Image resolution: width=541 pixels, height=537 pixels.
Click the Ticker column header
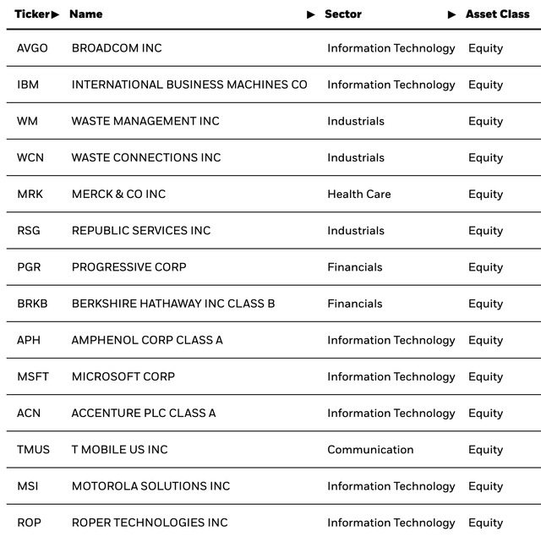point(32,14)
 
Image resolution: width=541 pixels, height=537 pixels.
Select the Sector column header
point(342,14)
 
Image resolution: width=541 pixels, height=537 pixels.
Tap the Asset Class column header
point(497,14)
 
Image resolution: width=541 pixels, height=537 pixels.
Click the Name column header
point(85,14)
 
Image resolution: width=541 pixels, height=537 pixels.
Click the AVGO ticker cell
point(32,48)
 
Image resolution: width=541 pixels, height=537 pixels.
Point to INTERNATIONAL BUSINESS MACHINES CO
point(189,85)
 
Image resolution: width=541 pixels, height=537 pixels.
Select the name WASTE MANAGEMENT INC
point(145,121)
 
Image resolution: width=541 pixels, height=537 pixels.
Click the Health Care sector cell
point(359,194)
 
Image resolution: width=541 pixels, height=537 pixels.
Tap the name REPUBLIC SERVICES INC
point(141,230)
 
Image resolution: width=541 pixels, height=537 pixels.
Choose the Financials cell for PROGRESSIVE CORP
point(355,267)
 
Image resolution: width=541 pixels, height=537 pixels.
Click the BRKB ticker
point(31,304)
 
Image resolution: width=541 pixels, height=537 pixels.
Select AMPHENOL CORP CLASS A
point(147,340)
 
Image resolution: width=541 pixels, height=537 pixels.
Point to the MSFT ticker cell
point(33,376)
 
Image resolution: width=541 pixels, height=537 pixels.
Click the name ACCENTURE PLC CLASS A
point(144,413)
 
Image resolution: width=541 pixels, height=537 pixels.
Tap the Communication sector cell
point(370,450)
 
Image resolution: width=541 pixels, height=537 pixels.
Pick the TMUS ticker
point(33,450)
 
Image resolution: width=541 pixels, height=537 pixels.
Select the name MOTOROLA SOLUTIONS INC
point(150,486)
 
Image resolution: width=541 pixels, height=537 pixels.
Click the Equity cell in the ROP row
point(485,523)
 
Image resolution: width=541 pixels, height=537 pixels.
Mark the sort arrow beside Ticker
point(56,14)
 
